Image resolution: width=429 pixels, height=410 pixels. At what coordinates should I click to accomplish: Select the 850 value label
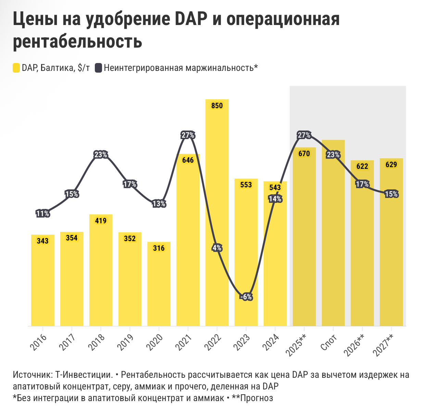[x=217, y=106]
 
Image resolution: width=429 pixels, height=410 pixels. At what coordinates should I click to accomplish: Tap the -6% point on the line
[x=246, y=297]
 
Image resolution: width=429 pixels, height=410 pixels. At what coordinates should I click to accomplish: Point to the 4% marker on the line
[x=217, y=248]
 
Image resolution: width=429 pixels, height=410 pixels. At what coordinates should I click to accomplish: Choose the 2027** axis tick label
[x=385, y=345]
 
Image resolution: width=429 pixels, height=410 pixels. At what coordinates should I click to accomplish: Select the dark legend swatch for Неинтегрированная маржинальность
[x=98, y=68]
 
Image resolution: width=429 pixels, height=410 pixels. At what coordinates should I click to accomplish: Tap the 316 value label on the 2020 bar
[x=159, y=248]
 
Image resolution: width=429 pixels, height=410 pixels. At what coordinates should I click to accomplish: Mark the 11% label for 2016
[x=42, y=214]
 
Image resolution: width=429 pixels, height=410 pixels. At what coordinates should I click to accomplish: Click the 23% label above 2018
[x=101, y=155]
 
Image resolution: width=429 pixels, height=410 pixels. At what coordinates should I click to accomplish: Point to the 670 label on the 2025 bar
[x=304, y=153]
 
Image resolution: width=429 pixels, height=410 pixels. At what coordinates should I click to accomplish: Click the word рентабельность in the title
[x=77, y=41]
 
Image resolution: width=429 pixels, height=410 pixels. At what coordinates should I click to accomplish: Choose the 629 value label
[x=391, y=165]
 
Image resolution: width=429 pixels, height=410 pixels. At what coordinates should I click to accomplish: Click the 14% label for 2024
[x=275, y=199]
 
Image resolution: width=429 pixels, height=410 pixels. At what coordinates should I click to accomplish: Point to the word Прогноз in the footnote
[x=257, y=398]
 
